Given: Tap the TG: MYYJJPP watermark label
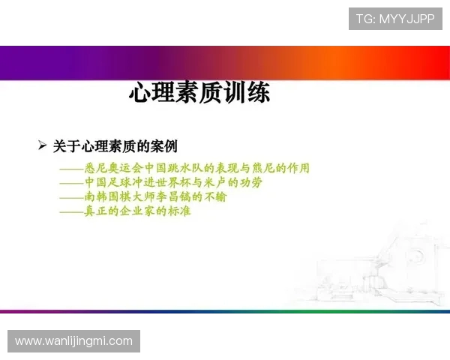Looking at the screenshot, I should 396,19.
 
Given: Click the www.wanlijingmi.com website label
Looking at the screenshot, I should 73,341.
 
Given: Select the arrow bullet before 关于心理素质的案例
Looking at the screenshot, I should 43,145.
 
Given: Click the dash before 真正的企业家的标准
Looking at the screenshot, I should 71,212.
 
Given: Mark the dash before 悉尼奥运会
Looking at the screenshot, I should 71,169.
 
